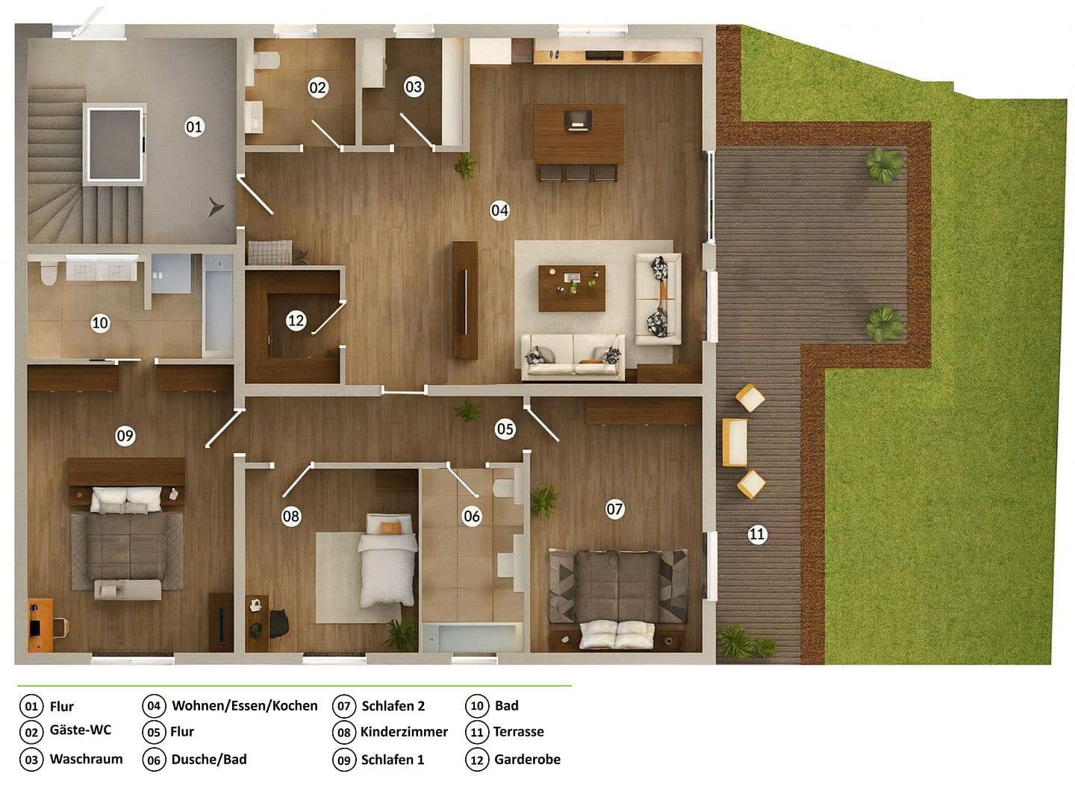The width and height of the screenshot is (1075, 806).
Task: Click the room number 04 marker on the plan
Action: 499,210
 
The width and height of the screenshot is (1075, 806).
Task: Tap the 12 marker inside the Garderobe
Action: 296,321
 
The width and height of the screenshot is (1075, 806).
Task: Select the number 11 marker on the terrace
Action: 757,534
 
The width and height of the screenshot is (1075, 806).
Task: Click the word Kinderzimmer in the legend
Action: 404,732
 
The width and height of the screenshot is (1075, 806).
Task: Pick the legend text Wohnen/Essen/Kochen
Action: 244,705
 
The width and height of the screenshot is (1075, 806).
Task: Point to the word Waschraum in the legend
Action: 86,759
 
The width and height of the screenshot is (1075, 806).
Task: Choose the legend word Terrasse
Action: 518,732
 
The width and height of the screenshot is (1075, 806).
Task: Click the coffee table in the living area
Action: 572,288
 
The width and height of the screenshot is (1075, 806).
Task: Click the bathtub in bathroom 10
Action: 218,304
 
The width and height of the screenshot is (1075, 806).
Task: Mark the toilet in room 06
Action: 504,488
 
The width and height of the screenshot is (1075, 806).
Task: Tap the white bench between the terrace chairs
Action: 735,442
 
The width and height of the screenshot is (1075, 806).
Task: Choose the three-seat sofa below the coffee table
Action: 573,356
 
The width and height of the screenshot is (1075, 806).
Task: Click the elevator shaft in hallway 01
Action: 115,144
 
